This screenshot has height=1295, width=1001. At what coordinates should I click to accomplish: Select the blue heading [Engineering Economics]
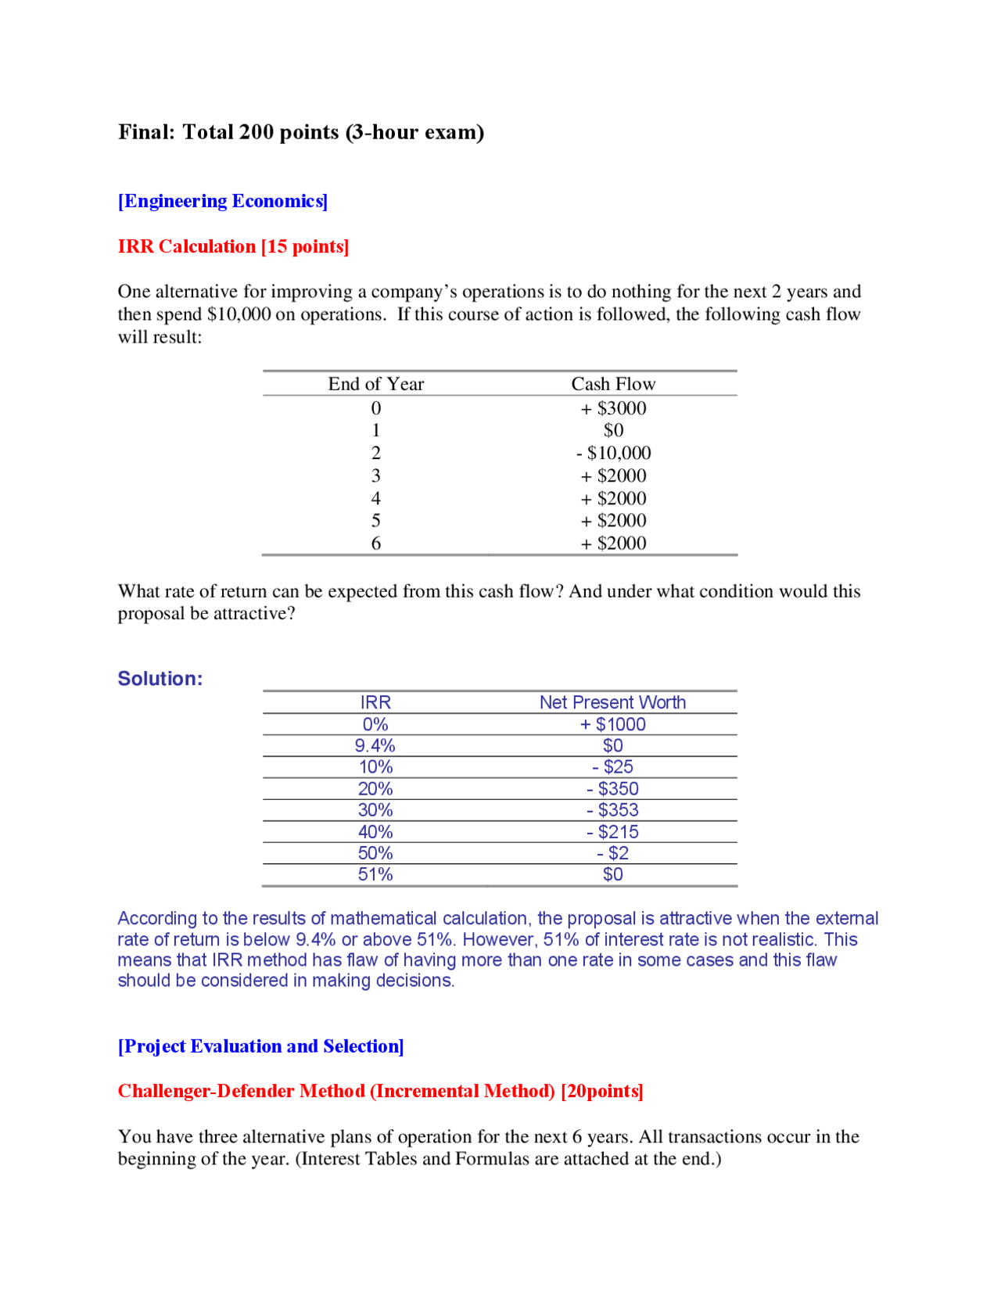coord(223,201)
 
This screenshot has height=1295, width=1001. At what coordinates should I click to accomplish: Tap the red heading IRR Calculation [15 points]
coord(233,246)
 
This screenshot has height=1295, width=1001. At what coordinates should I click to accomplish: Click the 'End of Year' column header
coord(375,384)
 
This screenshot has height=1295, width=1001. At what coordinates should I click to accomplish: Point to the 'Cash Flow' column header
coord(613,384)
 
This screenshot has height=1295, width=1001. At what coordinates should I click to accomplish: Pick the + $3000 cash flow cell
coord(613,408)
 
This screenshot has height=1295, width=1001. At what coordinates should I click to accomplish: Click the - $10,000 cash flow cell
coord(613,453)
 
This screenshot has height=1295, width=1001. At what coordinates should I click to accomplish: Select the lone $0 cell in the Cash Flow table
coord(613,430)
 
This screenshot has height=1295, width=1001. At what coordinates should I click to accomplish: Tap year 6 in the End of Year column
coord(375,543)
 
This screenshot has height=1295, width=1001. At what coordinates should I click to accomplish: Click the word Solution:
coord(160,678)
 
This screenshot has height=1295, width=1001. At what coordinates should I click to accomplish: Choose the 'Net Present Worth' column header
coord(612,702)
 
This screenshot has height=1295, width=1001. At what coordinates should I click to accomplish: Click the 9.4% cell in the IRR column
coord(375,745)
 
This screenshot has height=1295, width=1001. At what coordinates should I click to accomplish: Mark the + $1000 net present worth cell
coord(612,724)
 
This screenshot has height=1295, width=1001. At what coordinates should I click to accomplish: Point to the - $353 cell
coord(612,810)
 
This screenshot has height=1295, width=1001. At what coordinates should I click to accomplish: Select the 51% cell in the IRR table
coord(375,874)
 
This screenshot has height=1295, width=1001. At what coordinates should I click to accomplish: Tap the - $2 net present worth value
coord(612,853)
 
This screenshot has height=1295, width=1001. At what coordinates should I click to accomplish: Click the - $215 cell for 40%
coord(612,832)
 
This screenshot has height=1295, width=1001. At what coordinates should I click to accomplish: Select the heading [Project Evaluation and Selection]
coord(260,1046)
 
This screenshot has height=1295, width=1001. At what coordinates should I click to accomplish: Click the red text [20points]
coord(602,1091)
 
